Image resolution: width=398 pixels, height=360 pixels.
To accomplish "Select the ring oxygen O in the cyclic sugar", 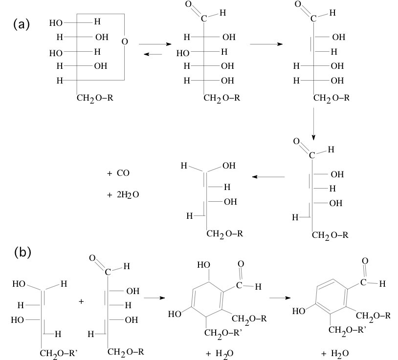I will pos(124,42).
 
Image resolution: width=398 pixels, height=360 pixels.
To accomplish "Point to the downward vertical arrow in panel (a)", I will pos(313,122).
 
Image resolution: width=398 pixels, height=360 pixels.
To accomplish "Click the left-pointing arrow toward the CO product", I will pos(268,176).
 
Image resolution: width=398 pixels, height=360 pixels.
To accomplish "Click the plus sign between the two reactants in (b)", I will pos(81,301).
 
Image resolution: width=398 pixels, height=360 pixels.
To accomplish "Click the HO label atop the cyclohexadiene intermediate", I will pos(203,265).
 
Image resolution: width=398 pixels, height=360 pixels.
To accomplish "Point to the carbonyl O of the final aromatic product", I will pos(365,261).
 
